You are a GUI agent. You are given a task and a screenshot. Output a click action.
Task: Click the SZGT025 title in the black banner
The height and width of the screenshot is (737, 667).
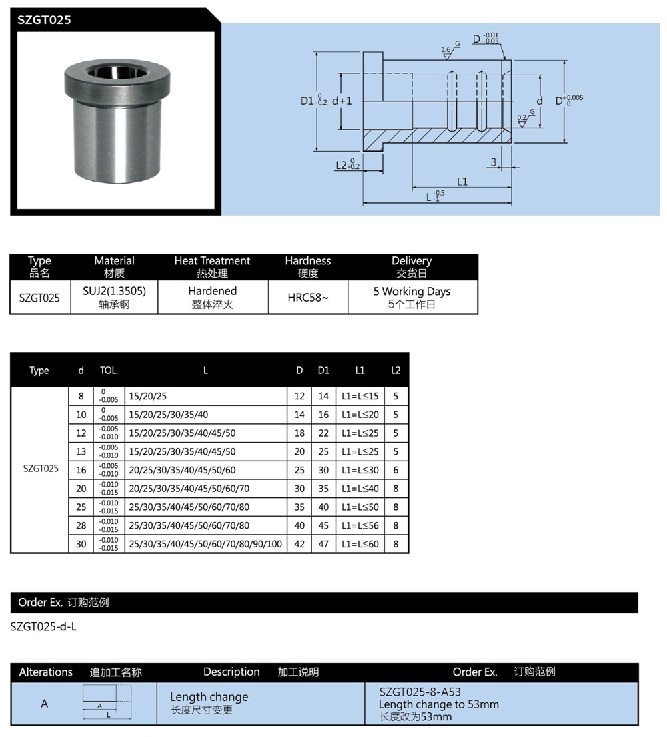(x=44, y=20)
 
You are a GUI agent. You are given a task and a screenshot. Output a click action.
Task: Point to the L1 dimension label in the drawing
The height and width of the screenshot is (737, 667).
(x=462, y=181)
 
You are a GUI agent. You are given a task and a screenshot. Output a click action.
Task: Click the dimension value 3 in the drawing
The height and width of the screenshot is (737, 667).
(x=493, y=162)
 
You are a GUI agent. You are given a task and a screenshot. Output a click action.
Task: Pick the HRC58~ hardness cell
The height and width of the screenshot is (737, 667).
(x=308, y=298)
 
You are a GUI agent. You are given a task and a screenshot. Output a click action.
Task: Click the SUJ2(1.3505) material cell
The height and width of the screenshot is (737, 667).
(x=114, y=298)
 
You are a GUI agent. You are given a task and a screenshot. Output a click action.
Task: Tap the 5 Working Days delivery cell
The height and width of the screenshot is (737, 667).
(x=412, y=298)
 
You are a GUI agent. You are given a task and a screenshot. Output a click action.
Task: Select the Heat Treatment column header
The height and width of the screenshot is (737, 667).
(x=212, y=266)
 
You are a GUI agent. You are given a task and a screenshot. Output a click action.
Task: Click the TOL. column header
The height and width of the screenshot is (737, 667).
(x=109, y=371)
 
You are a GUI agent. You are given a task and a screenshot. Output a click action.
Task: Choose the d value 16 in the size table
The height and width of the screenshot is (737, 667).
(x=81, y=470)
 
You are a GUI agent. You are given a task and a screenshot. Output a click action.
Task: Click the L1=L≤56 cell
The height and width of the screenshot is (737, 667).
(x=360, y=525)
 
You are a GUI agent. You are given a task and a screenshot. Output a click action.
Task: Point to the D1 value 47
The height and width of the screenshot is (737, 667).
(x=323, y=544)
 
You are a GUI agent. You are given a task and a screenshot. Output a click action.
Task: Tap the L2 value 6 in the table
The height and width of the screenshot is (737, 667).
(x=396, y=470)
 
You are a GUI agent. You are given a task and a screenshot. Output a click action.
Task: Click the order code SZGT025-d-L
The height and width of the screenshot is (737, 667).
(x=44, y=627)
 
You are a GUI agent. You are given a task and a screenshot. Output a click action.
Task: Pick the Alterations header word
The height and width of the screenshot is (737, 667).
(x=45, y=672)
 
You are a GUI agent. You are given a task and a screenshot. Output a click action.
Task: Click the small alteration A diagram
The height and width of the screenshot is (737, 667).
(x=107, y=703)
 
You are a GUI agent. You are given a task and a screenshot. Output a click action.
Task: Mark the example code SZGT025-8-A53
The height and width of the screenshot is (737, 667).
(x=420, y=692)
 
